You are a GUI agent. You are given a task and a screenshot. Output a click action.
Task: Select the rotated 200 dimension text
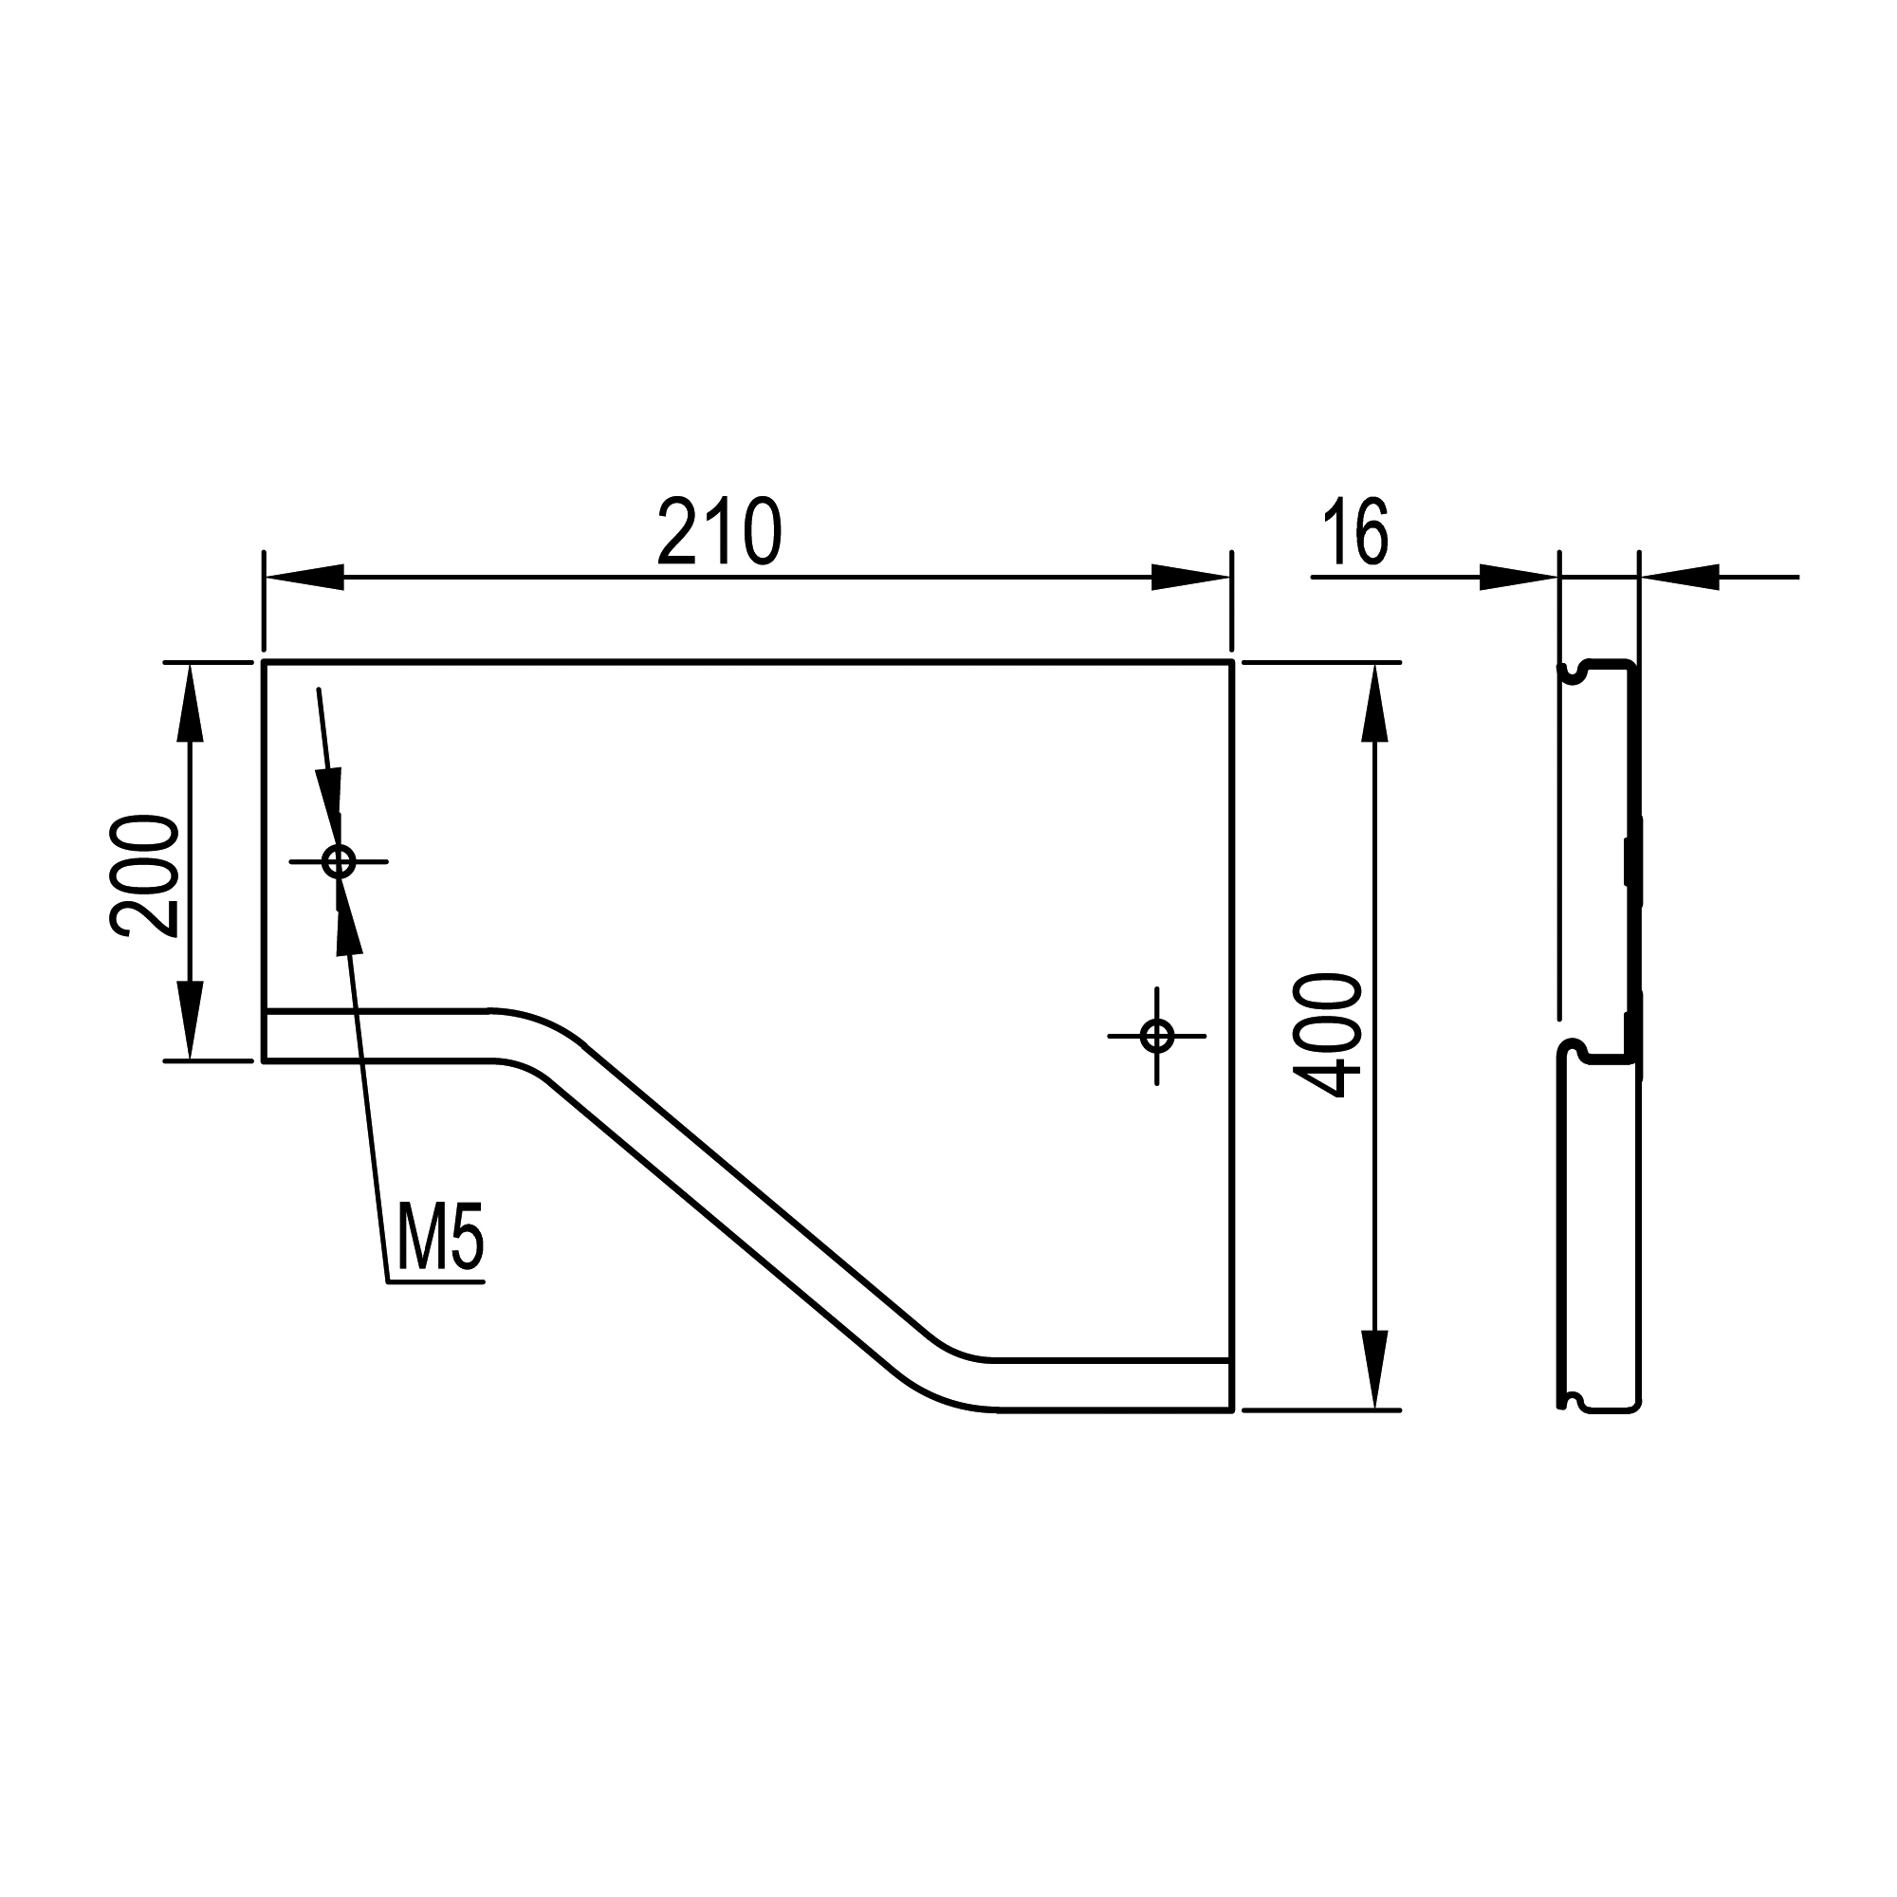coord(144,875)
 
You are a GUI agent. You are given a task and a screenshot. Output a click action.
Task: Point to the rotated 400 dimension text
coord(1328,1035)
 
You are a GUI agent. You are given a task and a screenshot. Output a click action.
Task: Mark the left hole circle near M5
coord(339,862)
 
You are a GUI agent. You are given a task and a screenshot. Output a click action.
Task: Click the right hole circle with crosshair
coord(1156,1035)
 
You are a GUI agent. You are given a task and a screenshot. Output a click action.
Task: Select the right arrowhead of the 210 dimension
coord(1190,578)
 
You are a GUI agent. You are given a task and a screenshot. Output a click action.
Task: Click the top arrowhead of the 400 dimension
coord(1374,703)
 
